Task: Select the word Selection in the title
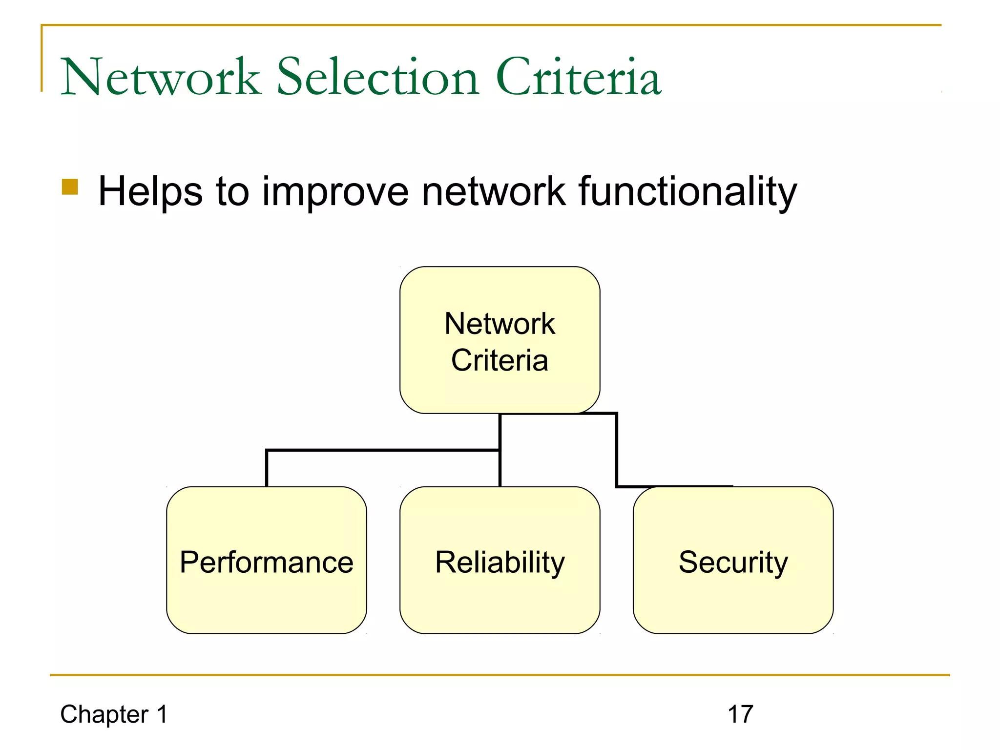pyautogui.click(x=378, y=77)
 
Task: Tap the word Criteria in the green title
pyautogui.click(x=579, y=77)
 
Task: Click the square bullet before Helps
pyautogui.click(x=70, y=187)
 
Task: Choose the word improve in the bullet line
pyautogui.click(x=335, y=192)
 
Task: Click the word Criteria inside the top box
pyautogui.click(x=500, y=360)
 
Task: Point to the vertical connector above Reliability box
pyautogui.click(x=500, y=469)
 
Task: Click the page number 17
pyautogui.click(x=740, y=714)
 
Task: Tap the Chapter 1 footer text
pyautogui.click(x=114, y=714)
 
